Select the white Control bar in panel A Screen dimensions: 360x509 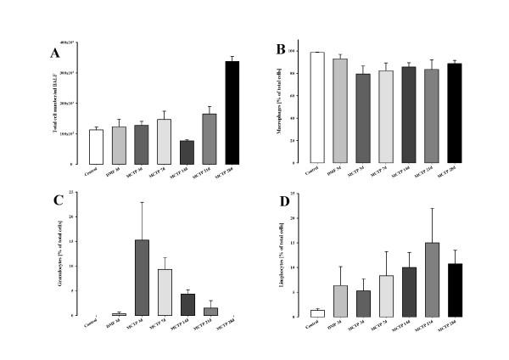[95, 146]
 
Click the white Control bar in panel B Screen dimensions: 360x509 [317, 107]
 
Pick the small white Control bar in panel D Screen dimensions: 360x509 [317, 313]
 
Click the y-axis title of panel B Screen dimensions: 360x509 [293, 107]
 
